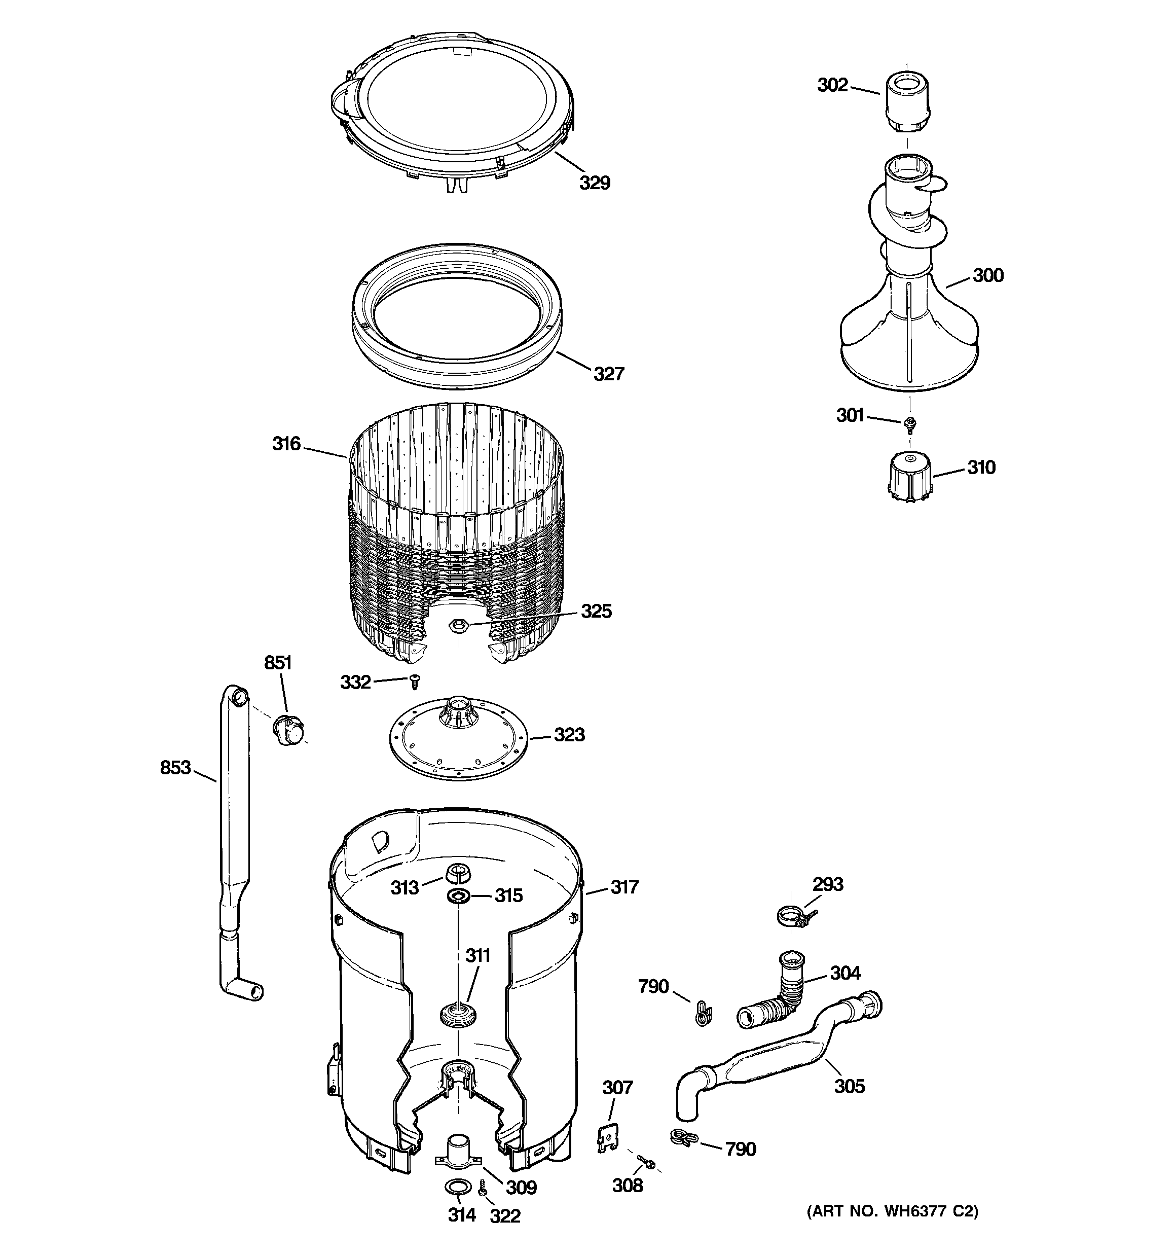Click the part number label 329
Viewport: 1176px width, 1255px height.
click(x=595, y=183)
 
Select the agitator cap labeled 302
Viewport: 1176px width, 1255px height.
click(x=906, y=101)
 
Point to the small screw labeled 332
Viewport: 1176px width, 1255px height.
click(x=415, y=681)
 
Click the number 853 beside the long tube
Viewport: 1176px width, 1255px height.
click(x=175, y=768)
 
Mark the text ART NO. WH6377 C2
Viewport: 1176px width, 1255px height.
click(x=893, y=1211)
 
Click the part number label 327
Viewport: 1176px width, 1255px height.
click(x=608, y=374)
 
